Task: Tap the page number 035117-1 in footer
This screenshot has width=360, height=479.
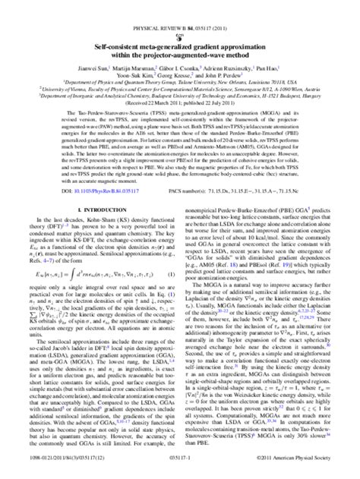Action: coord(180,470)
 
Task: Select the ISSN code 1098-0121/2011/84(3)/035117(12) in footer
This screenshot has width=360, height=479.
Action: coord(46,470)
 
